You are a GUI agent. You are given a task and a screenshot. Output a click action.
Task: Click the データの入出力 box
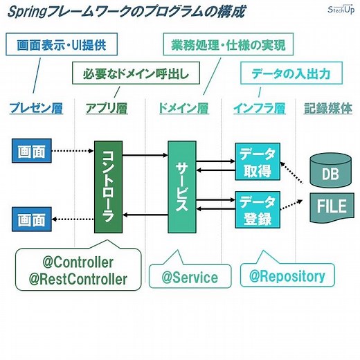tap(291, 72)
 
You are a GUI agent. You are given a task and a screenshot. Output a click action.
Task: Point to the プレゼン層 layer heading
tap(35, 108)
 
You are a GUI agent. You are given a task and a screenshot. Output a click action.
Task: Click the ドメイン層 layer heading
tap(183, 108)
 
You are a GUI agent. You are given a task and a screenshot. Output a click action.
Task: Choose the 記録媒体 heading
tap(328, 108)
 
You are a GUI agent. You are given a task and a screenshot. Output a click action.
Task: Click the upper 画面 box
tap(32, 150)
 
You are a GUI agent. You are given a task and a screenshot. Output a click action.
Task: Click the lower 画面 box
tap(32, 220)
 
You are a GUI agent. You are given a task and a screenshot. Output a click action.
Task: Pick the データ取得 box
tap(258, 161)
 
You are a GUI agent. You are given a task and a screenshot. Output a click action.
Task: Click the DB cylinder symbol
tap(330, 170)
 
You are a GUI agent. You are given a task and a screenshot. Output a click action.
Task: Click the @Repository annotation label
tap(287, 276)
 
